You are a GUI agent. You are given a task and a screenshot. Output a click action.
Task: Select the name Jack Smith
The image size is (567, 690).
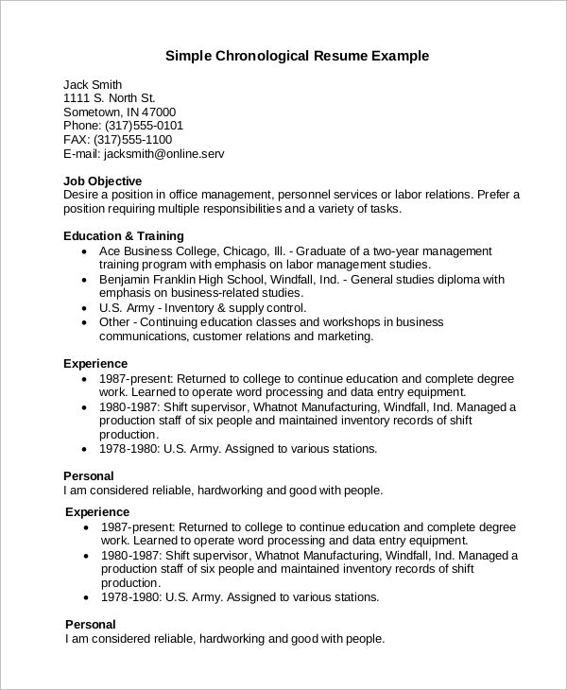[x=93, y=83]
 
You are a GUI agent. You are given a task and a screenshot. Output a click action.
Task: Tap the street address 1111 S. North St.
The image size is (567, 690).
[x=109, y=97]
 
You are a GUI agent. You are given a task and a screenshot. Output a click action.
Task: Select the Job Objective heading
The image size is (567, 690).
[x=102, y=181]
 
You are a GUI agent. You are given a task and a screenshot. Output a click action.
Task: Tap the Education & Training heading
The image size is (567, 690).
[x=123, y=235]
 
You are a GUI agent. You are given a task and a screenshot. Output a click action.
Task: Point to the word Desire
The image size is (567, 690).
[x=82, y=194]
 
